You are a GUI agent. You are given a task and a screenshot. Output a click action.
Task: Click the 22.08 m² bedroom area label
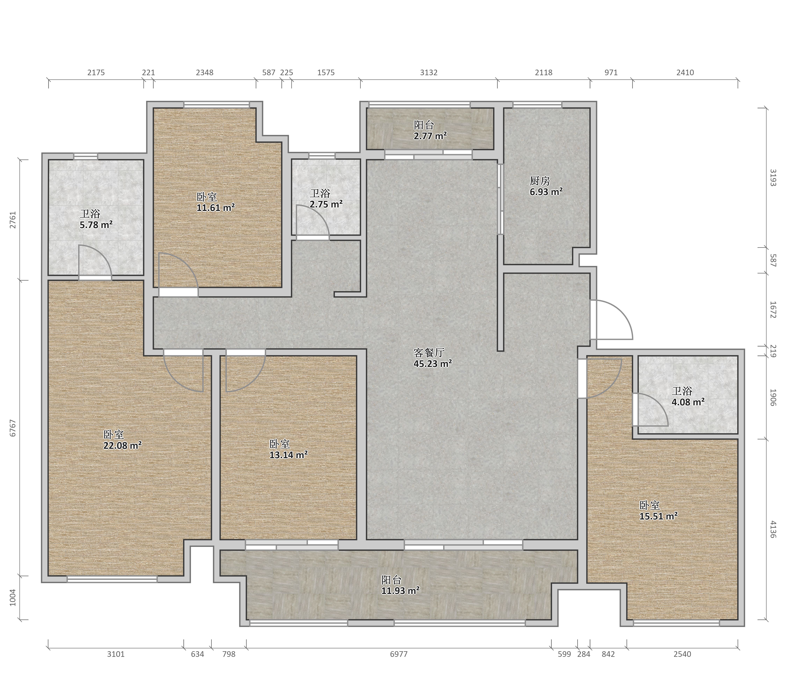(x=122, y=446)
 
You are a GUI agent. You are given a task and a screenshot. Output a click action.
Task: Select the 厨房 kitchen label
(x=540, y=181)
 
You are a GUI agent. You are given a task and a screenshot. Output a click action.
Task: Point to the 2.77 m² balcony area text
(x=430, y=136)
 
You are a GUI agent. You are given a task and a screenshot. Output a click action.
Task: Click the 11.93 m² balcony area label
(x=400, y=591)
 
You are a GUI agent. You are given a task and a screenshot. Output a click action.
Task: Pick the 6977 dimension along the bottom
(x=399, y=654)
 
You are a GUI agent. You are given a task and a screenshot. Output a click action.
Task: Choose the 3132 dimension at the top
(x=429, y=72)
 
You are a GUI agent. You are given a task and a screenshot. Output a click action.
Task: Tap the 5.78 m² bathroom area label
(x=96, y=225)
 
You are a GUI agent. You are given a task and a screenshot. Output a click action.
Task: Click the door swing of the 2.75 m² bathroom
(x=313, y=221)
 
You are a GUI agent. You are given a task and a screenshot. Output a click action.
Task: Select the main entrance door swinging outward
(x=611, y=320)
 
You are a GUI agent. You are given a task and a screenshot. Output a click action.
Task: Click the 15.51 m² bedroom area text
(x=658, y=516)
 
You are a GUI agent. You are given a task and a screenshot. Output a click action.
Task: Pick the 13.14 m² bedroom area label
(x=288, y=455)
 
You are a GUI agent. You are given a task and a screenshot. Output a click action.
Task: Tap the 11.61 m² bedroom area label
(x=216, y=208)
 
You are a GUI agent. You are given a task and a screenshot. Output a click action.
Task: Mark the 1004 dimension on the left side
(x=13, y=598)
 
